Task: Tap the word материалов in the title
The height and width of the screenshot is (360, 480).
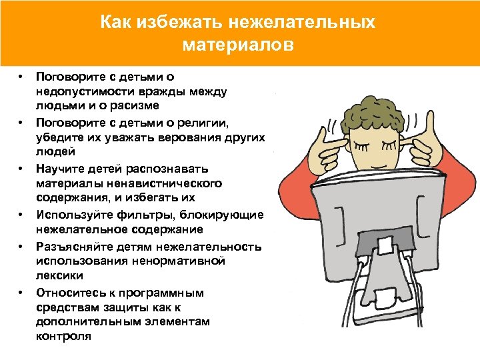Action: point(237,46)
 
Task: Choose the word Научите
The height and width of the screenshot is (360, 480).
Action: point(61,167)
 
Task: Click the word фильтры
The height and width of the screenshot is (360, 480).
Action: point(136,214)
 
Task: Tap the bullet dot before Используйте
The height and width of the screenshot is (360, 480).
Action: point(22,215)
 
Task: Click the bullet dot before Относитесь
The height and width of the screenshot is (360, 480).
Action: point(22,292)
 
